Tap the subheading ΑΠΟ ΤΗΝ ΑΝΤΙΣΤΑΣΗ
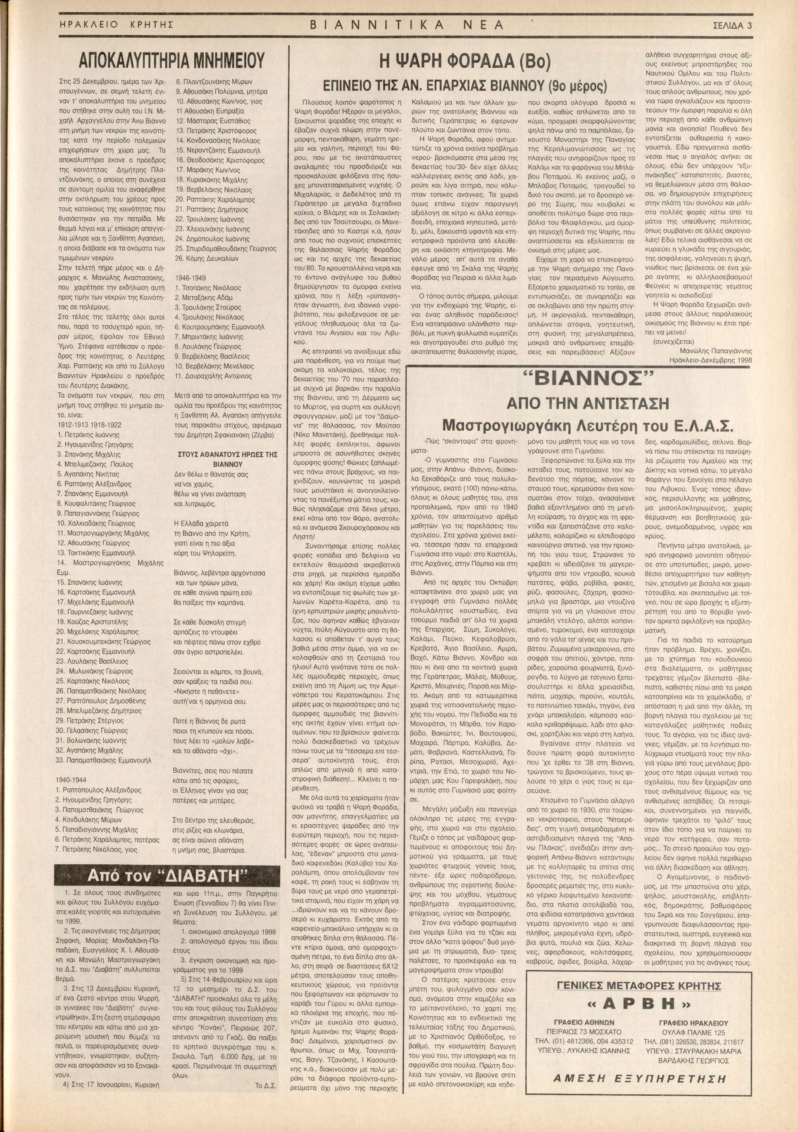587,403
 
